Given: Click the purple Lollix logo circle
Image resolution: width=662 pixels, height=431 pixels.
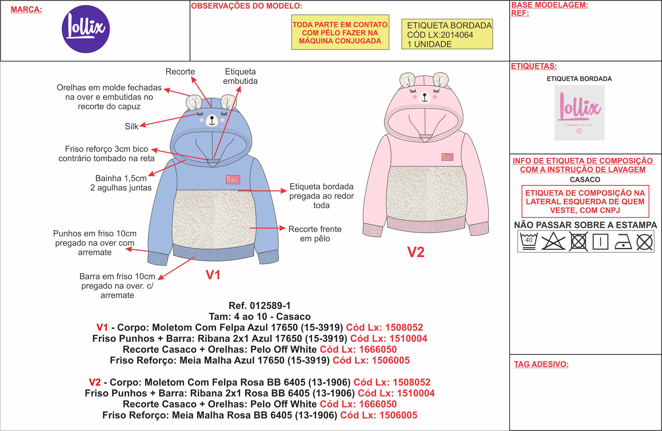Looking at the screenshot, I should (x=86, y=29).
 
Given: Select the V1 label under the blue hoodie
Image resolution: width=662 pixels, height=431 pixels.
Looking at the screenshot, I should (x=213, y=275).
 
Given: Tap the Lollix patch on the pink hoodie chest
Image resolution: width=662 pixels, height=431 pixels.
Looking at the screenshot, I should (x=447, y=157).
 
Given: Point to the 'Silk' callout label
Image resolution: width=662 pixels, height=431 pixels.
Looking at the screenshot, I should (x=131, y=126).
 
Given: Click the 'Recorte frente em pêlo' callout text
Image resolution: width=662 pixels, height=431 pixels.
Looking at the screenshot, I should (x=315, y=234).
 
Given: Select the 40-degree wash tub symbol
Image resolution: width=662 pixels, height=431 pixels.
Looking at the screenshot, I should (x=529, y=241).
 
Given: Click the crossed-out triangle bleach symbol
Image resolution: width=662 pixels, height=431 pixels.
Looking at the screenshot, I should (x=553, y=241).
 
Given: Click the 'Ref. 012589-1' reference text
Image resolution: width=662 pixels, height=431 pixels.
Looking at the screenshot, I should (x=259, y=306).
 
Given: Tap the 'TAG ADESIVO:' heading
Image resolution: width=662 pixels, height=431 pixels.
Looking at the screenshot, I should (x=541, y=364).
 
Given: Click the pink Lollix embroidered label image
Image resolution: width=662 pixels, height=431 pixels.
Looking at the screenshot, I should (x=579, y=113).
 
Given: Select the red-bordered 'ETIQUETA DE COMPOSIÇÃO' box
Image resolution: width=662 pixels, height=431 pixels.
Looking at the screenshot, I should (x=585, y=201).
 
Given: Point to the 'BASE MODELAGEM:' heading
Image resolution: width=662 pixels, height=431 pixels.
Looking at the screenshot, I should (x=549, y=5).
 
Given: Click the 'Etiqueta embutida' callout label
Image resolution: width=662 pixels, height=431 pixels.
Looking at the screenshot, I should (x=240, y=76).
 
